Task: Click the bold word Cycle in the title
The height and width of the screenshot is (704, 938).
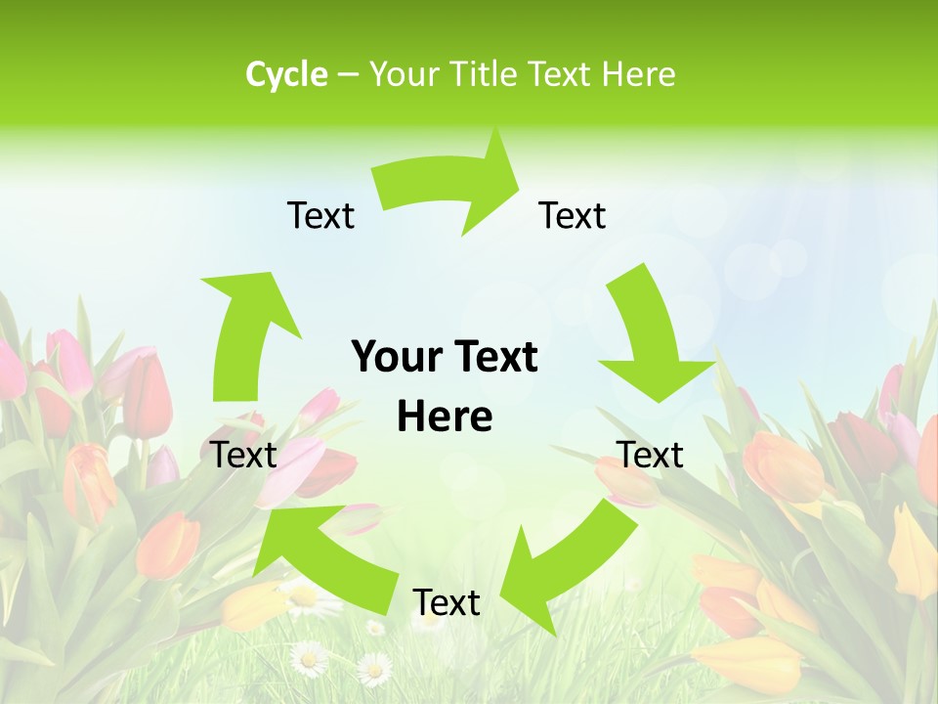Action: (286, 74)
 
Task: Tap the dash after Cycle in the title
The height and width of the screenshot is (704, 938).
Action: (348, 75)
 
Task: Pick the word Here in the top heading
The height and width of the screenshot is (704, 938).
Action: (637, 74)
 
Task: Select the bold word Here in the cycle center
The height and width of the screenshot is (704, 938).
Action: (445, 417)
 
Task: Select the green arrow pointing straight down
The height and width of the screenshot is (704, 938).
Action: (649, 337)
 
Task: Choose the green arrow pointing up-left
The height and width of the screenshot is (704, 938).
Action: (322, 548)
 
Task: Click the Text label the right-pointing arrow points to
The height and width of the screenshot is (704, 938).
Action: (573, 215)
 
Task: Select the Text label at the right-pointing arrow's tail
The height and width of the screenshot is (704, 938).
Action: (320, 215)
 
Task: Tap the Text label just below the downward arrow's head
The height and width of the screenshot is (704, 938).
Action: (651, 455)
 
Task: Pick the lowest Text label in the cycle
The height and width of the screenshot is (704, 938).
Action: (447, 602)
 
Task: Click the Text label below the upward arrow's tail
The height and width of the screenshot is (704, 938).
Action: (244, 455)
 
